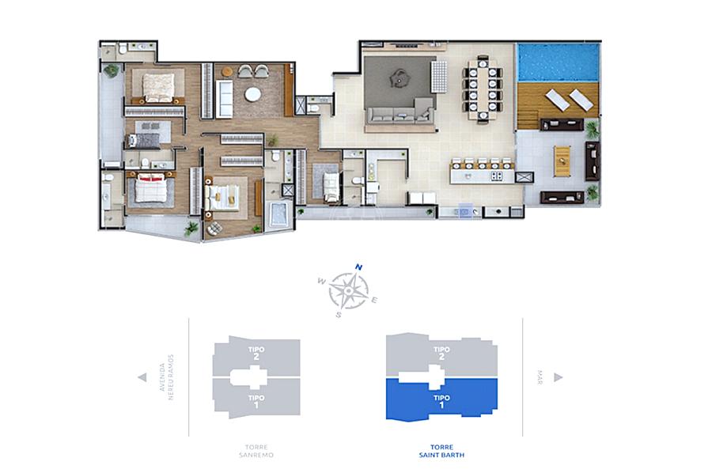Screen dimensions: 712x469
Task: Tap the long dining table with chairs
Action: click(483, 89)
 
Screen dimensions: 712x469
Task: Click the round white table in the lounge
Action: click(252, 94)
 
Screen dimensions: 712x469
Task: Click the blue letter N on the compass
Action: click(358, 267)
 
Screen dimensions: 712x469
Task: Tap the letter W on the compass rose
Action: click(321, 282)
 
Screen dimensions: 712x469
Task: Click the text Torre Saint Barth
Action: click(441, 451)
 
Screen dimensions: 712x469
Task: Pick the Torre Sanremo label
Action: click(256, 451)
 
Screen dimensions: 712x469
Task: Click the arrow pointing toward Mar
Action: click(558, 377)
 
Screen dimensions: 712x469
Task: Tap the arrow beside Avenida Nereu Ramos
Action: click(142, 377)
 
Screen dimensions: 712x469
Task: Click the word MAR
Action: click(540, 377)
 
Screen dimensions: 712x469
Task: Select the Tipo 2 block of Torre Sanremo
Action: click(256, 357)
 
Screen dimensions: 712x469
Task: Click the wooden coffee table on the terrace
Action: click(562, 161)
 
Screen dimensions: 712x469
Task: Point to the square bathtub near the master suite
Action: click(278, 214)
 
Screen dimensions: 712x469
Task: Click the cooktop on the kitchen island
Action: click(496, 176)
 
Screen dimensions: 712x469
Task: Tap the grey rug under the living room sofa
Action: click(399, 82)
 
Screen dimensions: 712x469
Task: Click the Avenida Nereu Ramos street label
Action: click(167, 377)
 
